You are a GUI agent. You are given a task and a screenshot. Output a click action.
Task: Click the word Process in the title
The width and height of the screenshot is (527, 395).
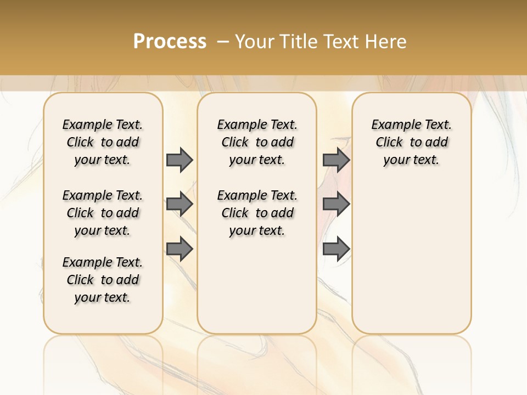pos(170,42)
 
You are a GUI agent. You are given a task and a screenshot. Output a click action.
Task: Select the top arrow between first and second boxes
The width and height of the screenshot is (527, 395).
pos(180,160)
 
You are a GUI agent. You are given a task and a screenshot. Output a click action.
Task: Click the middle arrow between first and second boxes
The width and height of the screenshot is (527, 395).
pos(180,205)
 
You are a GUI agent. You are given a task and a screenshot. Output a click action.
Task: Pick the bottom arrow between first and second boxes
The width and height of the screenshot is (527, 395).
pos(180,249)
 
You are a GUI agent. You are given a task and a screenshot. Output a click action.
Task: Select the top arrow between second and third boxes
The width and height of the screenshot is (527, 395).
pos(336,160)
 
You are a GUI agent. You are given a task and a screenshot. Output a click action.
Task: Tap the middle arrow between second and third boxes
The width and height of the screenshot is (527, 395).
pos(336,205)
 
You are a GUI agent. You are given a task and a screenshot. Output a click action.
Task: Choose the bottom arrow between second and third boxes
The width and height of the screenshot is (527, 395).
pos(336,249)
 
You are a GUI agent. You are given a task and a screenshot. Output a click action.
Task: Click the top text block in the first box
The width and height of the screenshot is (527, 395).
pos(103,142)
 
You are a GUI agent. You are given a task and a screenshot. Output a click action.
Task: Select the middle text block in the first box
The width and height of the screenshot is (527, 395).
pos(103,213)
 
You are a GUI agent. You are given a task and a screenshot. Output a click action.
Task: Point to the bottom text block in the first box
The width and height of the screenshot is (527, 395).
pos(103,280)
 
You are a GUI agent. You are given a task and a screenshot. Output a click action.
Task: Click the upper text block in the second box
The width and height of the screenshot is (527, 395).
pos(257,142)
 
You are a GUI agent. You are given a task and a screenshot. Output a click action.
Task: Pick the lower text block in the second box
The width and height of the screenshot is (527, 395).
pos(257,213)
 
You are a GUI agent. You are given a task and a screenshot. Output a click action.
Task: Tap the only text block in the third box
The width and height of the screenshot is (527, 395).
pos(412,142)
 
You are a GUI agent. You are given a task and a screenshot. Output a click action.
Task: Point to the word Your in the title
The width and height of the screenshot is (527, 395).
pos(254,42)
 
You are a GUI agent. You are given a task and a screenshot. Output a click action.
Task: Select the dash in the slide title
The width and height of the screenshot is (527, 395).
pos(222,42)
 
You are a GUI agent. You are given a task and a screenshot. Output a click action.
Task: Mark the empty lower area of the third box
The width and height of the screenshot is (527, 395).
pos(412,258)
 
